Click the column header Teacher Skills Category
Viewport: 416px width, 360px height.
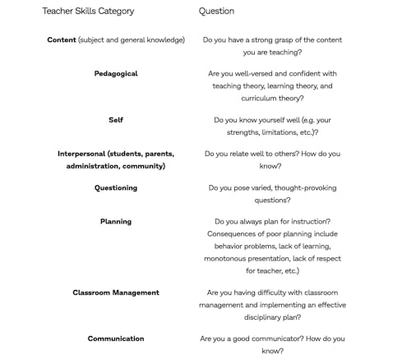tap(88, 12)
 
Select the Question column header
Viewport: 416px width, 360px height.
tap(216, 12)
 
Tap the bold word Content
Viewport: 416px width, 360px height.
tap(62, 40)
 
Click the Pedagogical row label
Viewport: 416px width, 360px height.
tap(116, 74)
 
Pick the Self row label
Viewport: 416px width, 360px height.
tap(116, 120)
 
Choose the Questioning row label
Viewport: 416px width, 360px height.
tap(116, 188)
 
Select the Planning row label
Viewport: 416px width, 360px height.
tap(116, 222)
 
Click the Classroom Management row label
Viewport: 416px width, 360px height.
tap(116, 293)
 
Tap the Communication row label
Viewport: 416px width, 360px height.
tap(116, 339)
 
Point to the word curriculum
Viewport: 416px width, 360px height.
tap(256, 97)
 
